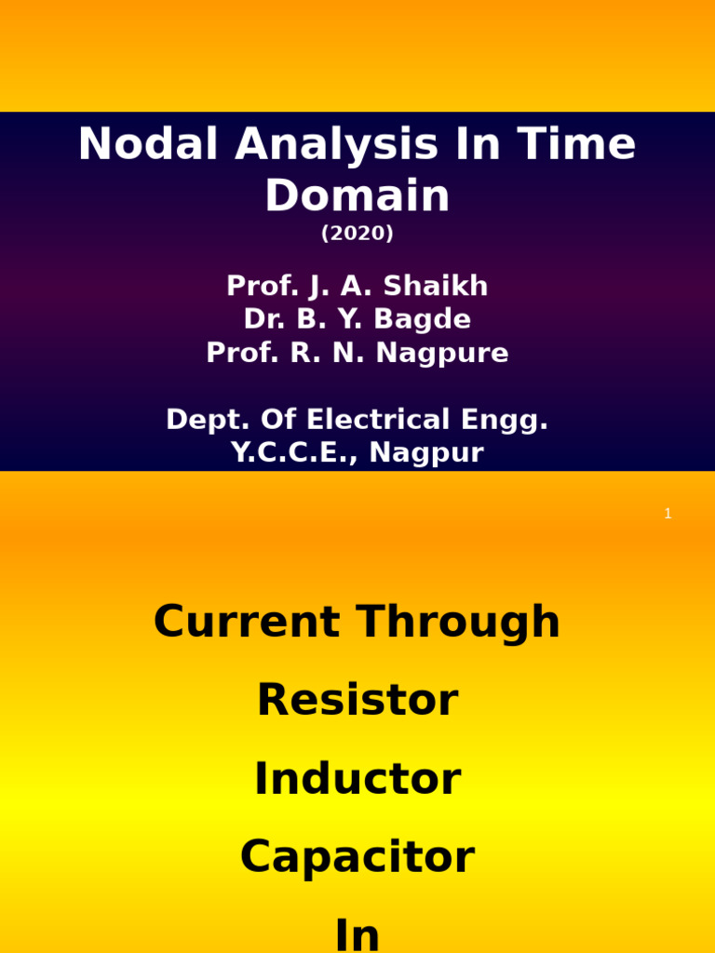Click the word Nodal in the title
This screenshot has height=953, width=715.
(x=149, y=145)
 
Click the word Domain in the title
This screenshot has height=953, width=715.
(x=357, y=196)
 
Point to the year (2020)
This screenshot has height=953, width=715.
(x=357, y=235)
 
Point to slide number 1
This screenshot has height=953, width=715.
(x=668, y=514)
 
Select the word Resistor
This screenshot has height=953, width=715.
(x=357, y=701)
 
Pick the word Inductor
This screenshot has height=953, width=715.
(x=357, y=780)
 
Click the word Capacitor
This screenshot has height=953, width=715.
(x=357, y=858)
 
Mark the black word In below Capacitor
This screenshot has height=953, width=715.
(x=357, y=934)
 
